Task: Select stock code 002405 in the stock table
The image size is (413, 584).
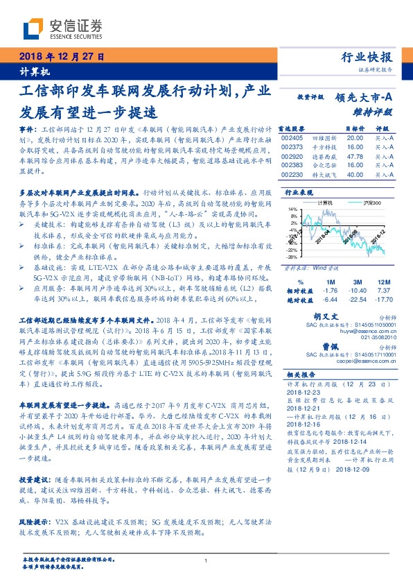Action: pos(292,138)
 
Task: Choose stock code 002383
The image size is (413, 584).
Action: pos(292,166)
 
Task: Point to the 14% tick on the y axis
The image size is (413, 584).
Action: pos(292,209)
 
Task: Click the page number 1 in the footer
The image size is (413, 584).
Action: pos(206,561)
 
